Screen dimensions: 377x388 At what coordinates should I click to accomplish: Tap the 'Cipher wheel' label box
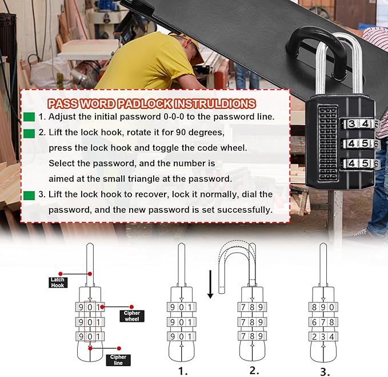[132, 316]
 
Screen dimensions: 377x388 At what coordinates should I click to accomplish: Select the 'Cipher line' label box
[118, 360]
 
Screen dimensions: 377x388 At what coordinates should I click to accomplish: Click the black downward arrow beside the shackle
[210, 284]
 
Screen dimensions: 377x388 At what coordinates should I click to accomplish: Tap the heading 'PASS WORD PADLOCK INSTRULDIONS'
[151, 104]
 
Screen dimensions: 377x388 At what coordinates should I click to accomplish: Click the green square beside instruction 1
[29, 117]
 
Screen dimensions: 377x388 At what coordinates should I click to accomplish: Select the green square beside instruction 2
[29, 133]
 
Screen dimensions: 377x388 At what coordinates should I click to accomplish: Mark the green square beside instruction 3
[29, 195]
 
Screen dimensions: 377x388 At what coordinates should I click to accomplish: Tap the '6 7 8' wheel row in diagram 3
[323, 322]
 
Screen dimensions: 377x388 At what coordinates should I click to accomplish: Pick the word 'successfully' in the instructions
[241, 210]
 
